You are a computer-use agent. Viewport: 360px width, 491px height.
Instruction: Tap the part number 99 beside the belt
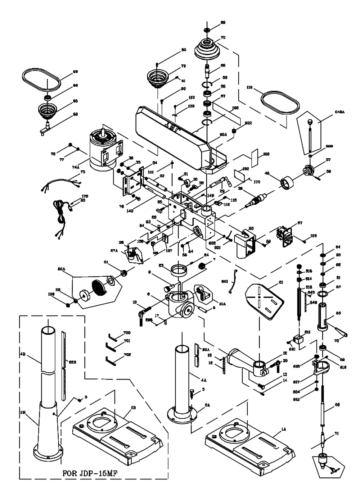[x=75, y=72]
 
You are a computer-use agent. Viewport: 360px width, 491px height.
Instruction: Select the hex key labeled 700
[x=113, y=337]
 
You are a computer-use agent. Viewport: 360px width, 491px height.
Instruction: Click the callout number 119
[x=248, y=87]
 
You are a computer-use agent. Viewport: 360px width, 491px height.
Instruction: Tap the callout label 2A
[x=207, y=405]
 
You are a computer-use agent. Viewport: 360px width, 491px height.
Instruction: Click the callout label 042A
[x=340, y=112]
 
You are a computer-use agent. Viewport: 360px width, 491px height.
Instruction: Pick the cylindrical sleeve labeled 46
[x=288, y=182]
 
